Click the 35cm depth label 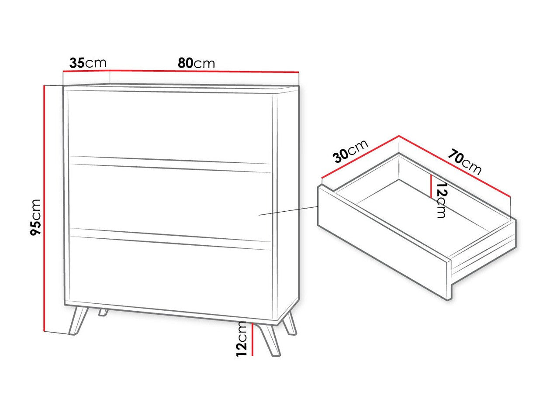pos(88,63)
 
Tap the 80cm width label pos(196,63)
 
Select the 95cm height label pos(36,217)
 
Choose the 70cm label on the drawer pos(464,162)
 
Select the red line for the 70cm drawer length pos(454,166)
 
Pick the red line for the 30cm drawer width pos(360,157)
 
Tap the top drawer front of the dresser pos(170,124)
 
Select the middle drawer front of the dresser pos(170,201)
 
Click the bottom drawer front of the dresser pos(170,275)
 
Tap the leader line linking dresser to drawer pos(288,210)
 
